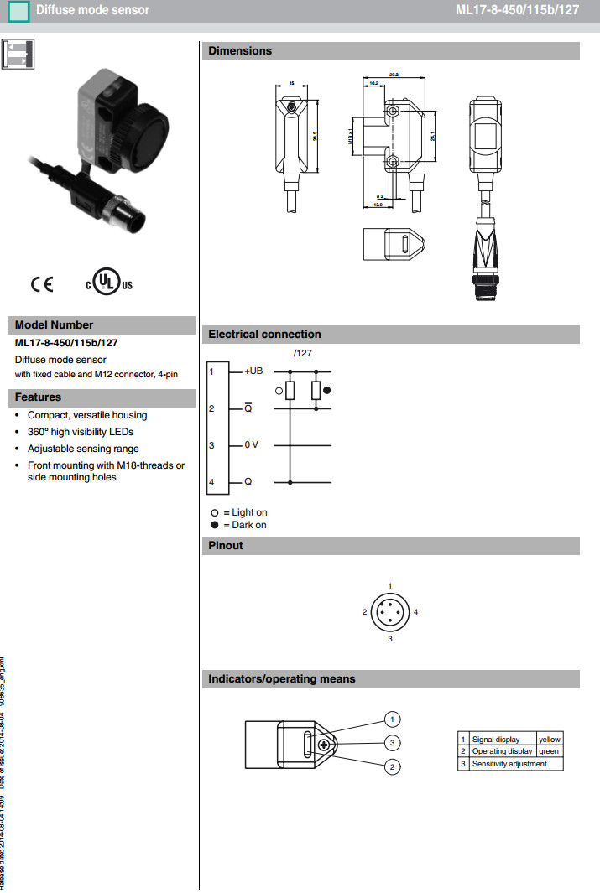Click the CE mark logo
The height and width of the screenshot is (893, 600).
point(42,284)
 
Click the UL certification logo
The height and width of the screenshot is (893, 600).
point(107,283)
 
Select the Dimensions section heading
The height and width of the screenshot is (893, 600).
point(240,51)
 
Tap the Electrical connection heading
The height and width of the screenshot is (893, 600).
point(264,335)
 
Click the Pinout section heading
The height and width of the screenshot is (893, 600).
point(226,546)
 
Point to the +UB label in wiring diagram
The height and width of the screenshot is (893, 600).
point(253,371)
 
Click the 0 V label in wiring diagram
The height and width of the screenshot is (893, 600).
point(252,445)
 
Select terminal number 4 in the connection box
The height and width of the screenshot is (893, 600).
point(212,482)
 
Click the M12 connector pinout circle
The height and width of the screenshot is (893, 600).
point(390,612)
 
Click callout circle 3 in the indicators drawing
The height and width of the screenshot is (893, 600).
point(391,742)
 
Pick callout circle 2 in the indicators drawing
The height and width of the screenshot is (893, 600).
point(391,766)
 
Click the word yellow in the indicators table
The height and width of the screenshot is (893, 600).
point(550,739)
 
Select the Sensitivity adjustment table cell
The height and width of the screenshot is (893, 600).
point(509,764)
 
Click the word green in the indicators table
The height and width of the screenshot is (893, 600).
point(549,751)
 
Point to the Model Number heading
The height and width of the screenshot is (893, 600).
point(55,325)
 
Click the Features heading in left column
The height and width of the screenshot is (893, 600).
point(39,397)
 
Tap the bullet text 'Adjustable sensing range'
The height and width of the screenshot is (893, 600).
point(83,449)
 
